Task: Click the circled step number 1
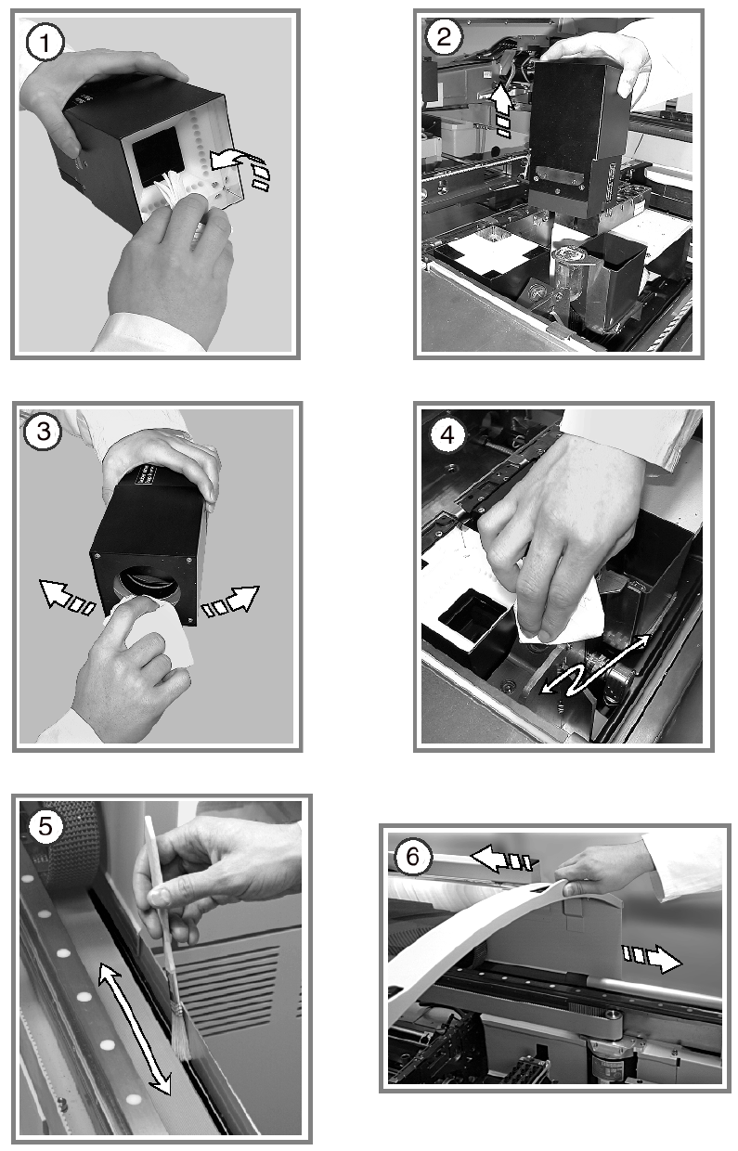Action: [x=45, y=43]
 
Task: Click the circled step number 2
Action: [x=444, y=36]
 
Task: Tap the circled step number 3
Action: [x=44, y=431]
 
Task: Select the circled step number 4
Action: [x=447, y=435]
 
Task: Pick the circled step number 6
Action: [x=413, y=857]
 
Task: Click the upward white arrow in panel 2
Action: [x=501, y=110]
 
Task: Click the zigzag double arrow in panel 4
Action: [x=593, y=665]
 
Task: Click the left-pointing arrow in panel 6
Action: [x=504, y=860]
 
